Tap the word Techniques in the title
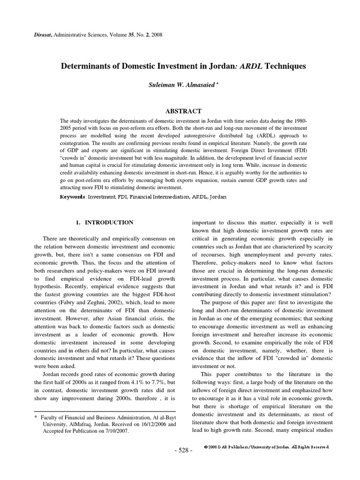pyautogui.click(x=285, y=66)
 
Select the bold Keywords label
pyautogui.click(x=72, y=197)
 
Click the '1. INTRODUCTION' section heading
pyautogui.click(x=105, y=223)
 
